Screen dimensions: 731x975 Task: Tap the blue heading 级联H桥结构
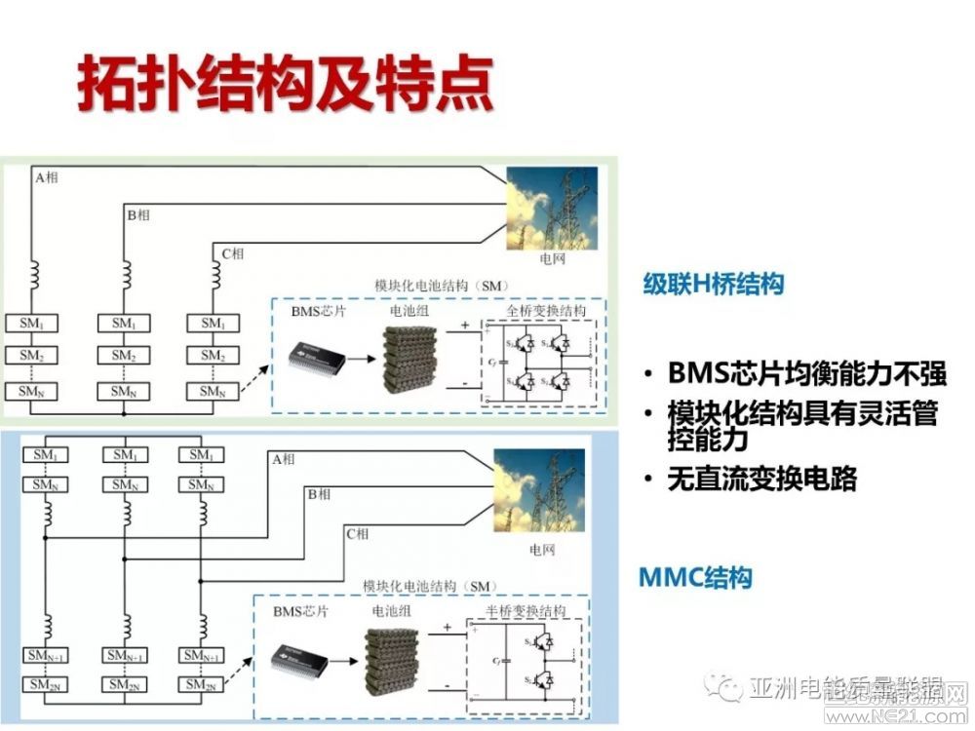714,284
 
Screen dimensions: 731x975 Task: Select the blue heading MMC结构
695,577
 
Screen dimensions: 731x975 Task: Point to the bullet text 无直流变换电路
762,479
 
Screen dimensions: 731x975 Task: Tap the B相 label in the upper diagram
138,214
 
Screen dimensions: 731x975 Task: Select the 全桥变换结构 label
547,311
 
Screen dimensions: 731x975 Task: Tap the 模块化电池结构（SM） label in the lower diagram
429,586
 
